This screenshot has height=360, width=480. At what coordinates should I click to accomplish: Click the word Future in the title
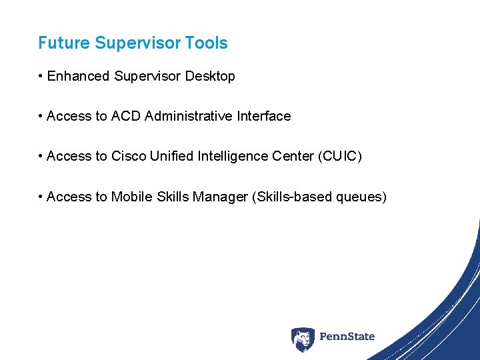(64, 43)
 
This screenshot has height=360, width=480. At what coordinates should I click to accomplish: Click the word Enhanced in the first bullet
(78, 77)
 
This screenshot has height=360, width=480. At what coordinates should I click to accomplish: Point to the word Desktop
(210, 77)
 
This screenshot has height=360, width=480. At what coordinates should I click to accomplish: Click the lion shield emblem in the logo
(303, 339)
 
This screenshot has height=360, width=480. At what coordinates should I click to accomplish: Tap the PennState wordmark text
(347, 337)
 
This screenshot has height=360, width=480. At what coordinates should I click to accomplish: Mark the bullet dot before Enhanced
(41, 77)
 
